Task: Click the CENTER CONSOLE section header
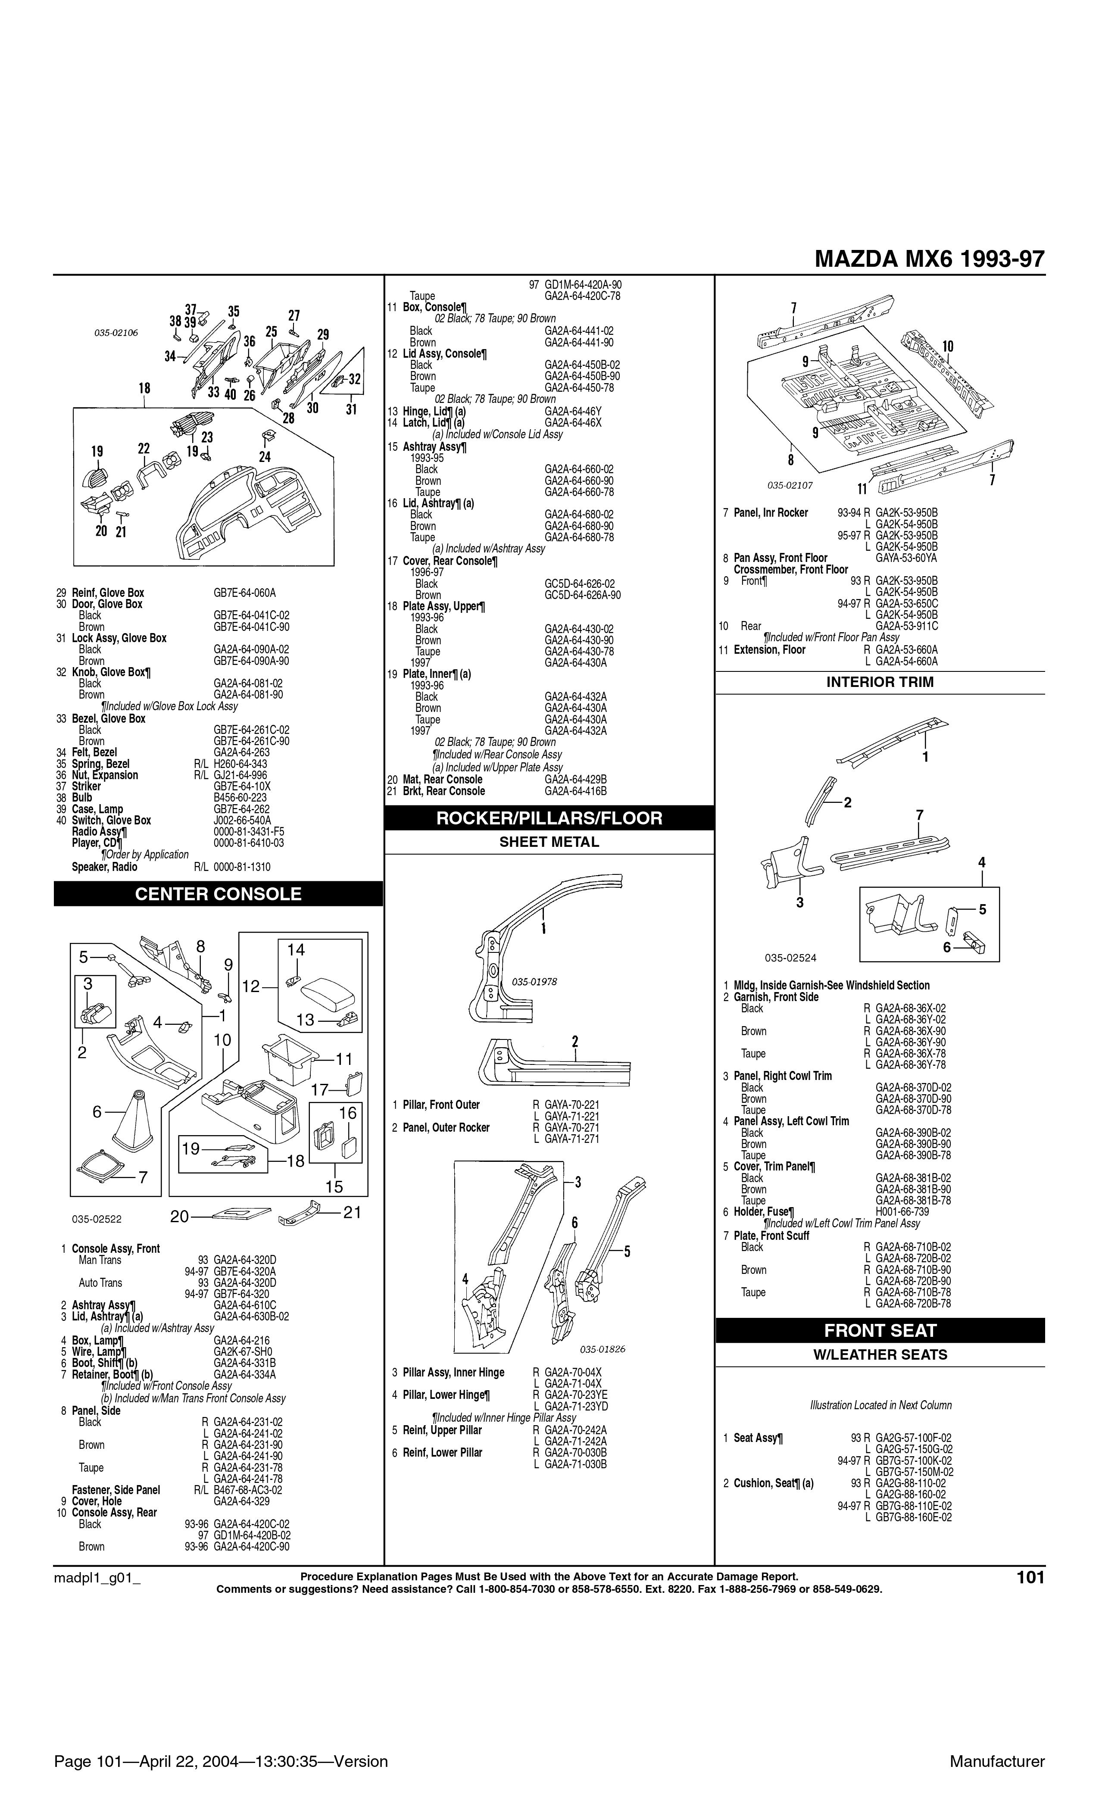218,894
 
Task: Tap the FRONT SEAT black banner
880,1330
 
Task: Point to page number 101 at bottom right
1030,1577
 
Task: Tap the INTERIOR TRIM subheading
880,682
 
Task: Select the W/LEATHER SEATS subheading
880,1354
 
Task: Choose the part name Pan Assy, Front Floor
780,558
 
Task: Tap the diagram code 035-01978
534,981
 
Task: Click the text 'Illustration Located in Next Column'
880,1405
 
